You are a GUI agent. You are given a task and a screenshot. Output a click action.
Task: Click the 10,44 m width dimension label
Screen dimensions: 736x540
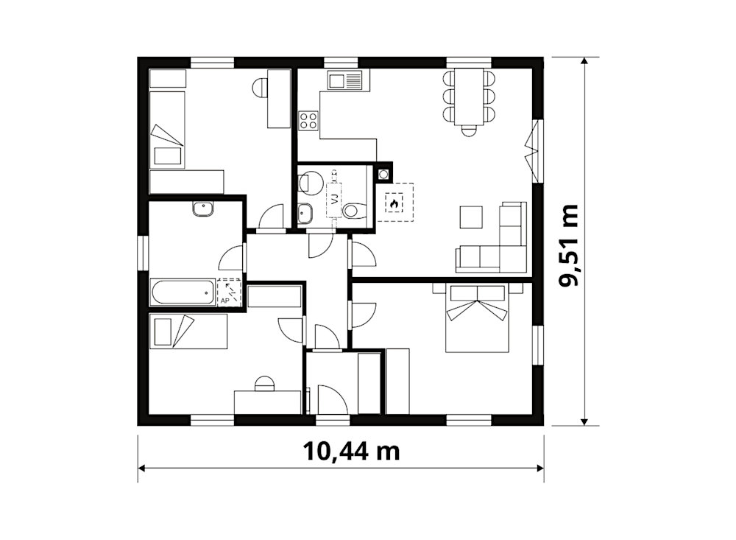click(x=351, y=451)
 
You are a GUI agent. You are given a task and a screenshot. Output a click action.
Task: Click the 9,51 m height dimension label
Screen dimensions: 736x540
click(x=569, y=245)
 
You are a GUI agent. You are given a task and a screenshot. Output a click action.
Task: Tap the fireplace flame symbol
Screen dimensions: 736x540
click(x=393, y=203)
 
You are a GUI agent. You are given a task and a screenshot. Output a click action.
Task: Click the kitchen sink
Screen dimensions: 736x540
click(x=345, y=80)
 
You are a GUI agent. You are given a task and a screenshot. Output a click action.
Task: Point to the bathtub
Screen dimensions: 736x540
click(x=183, y=292)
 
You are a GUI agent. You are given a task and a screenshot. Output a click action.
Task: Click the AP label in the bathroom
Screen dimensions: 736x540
click(x=224, y=300)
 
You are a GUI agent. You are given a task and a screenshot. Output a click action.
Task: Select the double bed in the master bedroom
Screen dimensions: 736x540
click(x=478, y=319)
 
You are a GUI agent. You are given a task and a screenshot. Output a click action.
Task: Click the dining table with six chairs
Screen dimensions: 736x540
click(x=469, y=99)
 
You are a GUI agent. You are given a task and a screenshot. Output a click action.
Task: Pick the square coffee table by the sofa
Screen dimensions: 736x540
click(x=471, y=217)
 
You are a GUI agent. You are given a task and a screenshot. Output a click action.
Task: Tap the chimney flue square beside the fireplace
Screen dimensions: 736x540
click(x=384, y=174)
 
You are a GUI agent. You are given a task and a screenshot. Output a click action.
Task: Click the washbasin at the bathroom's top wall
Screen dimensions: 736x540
click(x=203, y=208)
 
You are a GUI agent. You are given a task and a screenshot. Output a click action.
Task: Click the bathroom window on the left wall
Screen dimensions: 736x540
click(x=143, y=253)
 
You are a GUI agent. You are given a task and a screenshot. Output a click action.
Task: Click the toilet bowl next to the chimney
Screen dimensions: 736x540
click(x=355, y=210)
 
